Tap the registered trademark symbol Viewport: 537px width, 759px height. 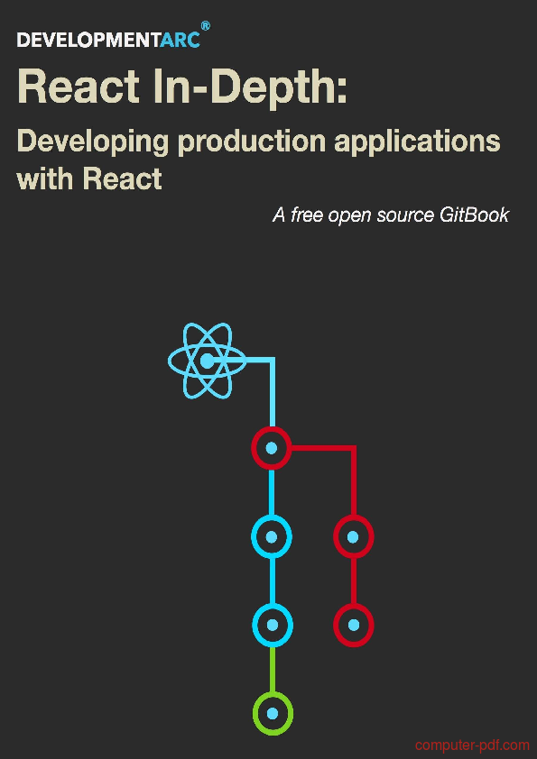(206, 26)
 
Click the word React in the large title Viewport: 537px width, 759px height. (78, 88)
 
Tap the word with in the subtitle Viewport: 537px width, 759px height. (45, 178)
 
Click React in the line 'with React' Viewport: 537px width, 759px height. (122, 178)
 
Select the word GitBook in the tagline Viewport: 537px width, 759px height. (475, 215)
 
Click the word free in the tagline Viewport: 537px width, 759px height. (307, 215)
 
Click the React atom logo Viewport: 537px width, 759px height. (208, 361)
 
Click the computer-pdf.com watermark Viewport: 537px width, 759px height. (473, 745)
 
